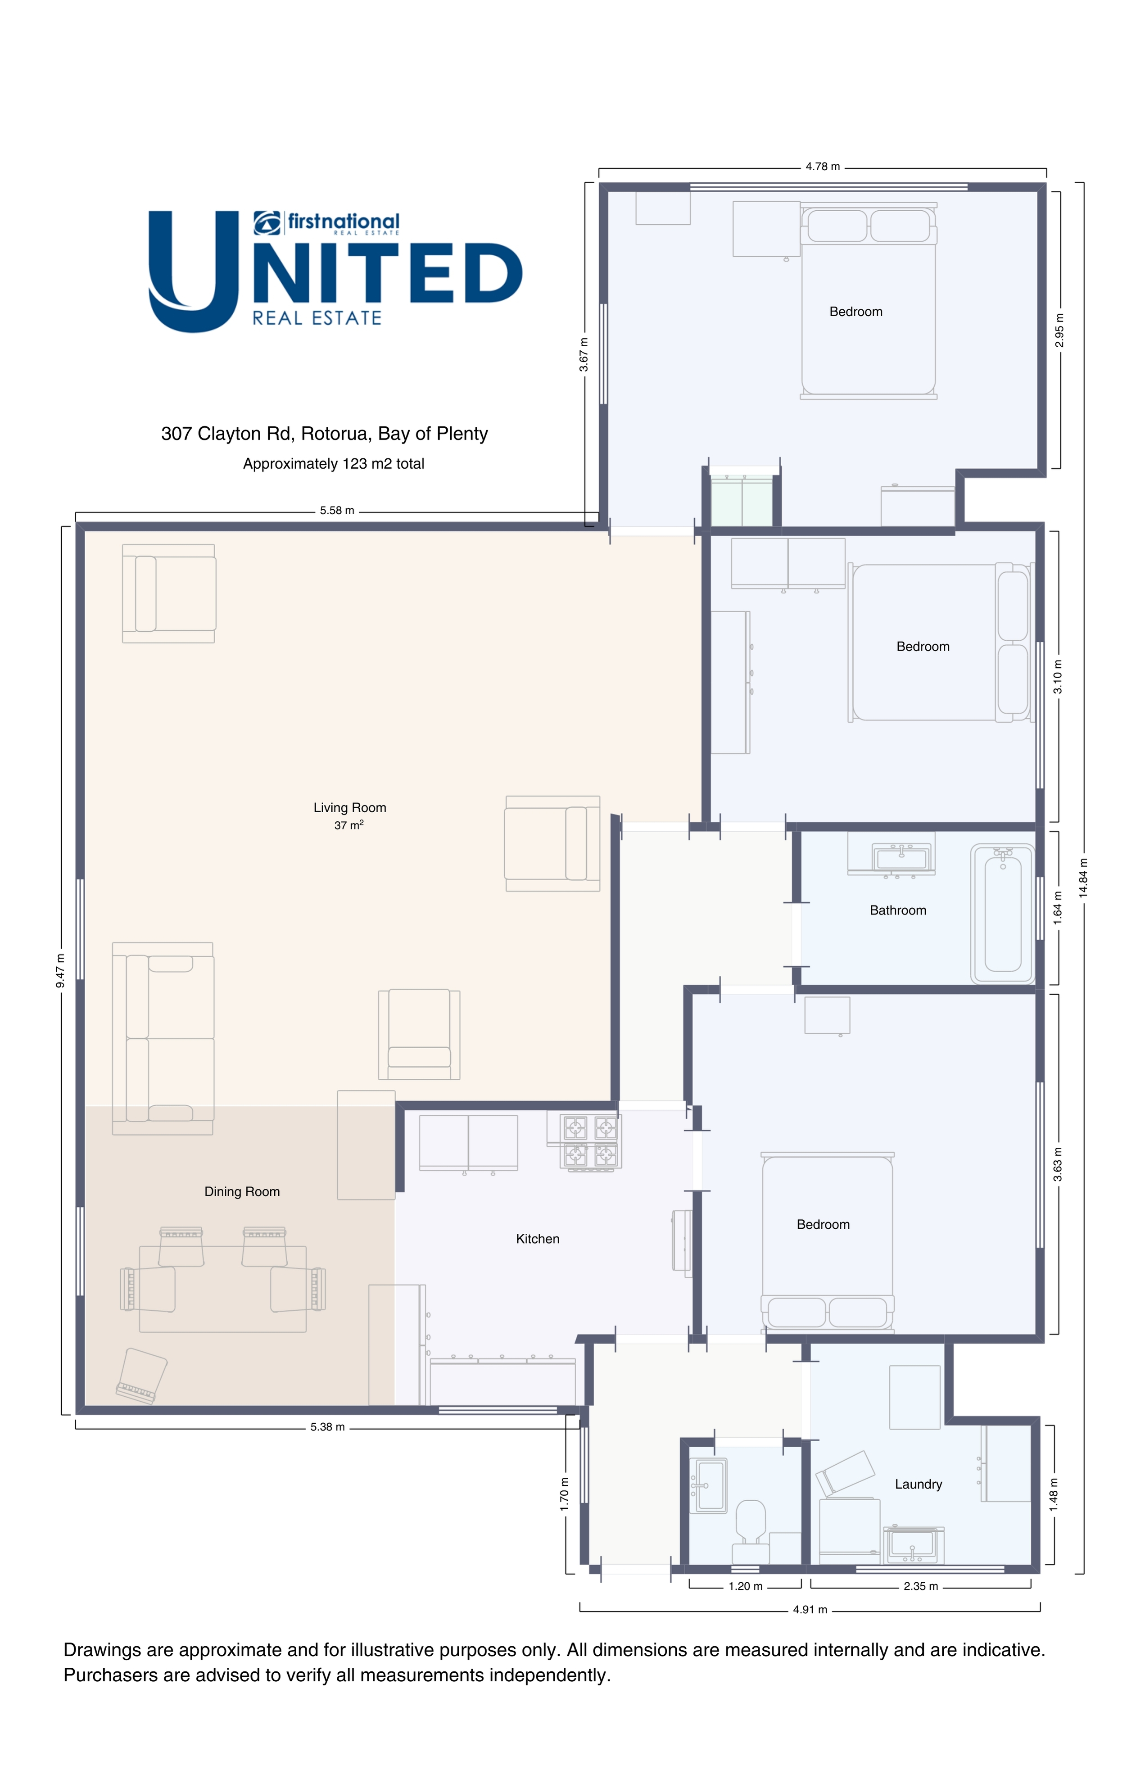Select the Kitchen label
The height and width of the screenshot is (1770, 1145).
click(538, 1239)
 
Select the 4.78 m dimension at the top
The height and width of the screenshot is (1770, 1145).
click(822, 167)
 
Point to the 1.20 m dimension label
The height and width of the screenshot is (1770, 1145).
click(745, 1586)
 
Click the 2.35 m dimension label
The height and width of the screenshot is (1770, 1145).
click(920, 1586)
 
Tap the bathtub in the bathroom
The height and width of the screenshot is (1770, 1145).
click(1002, 914)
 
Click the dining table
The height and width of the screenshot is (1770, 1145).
click(222, 1289)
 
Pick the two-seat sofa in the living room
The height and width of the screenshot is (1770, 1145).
click(163, 1038)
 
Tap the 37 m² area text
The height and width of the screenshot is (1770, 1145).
click(348, 825)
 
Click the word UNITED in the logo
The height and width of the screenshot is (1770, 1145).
click(335, 272)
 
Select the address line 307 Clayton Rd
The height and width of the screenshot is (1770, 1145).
click(324, 434)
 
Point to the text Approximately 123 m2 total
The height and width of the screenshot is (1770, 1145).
click(333, 464)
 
